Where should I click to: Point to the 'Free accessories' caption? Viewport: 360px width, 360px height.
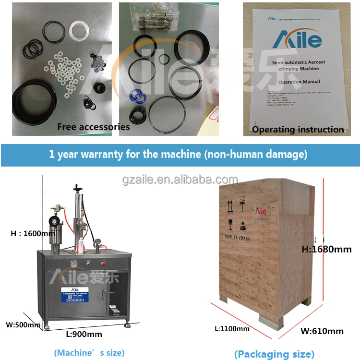pos(94,127)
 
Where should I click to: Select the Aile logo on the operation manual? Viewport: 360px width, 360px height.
pos(297,40)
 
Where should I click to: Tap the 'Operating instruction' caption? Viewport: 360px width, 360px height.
pos(298,130)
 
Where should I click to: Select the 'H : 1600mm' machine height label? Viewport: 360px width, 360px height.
pos(33,234)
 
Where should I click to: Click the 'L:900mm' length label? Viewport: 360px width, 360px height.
pos(84,333)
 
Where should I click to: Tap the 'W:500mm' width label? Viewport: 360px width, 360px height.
pos(23,324)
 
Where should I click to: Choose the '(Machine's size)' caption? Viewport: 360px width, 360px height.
pos(89,353)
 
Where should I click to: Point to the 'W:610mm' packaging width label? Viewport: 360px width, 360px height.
pos(322,331)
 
